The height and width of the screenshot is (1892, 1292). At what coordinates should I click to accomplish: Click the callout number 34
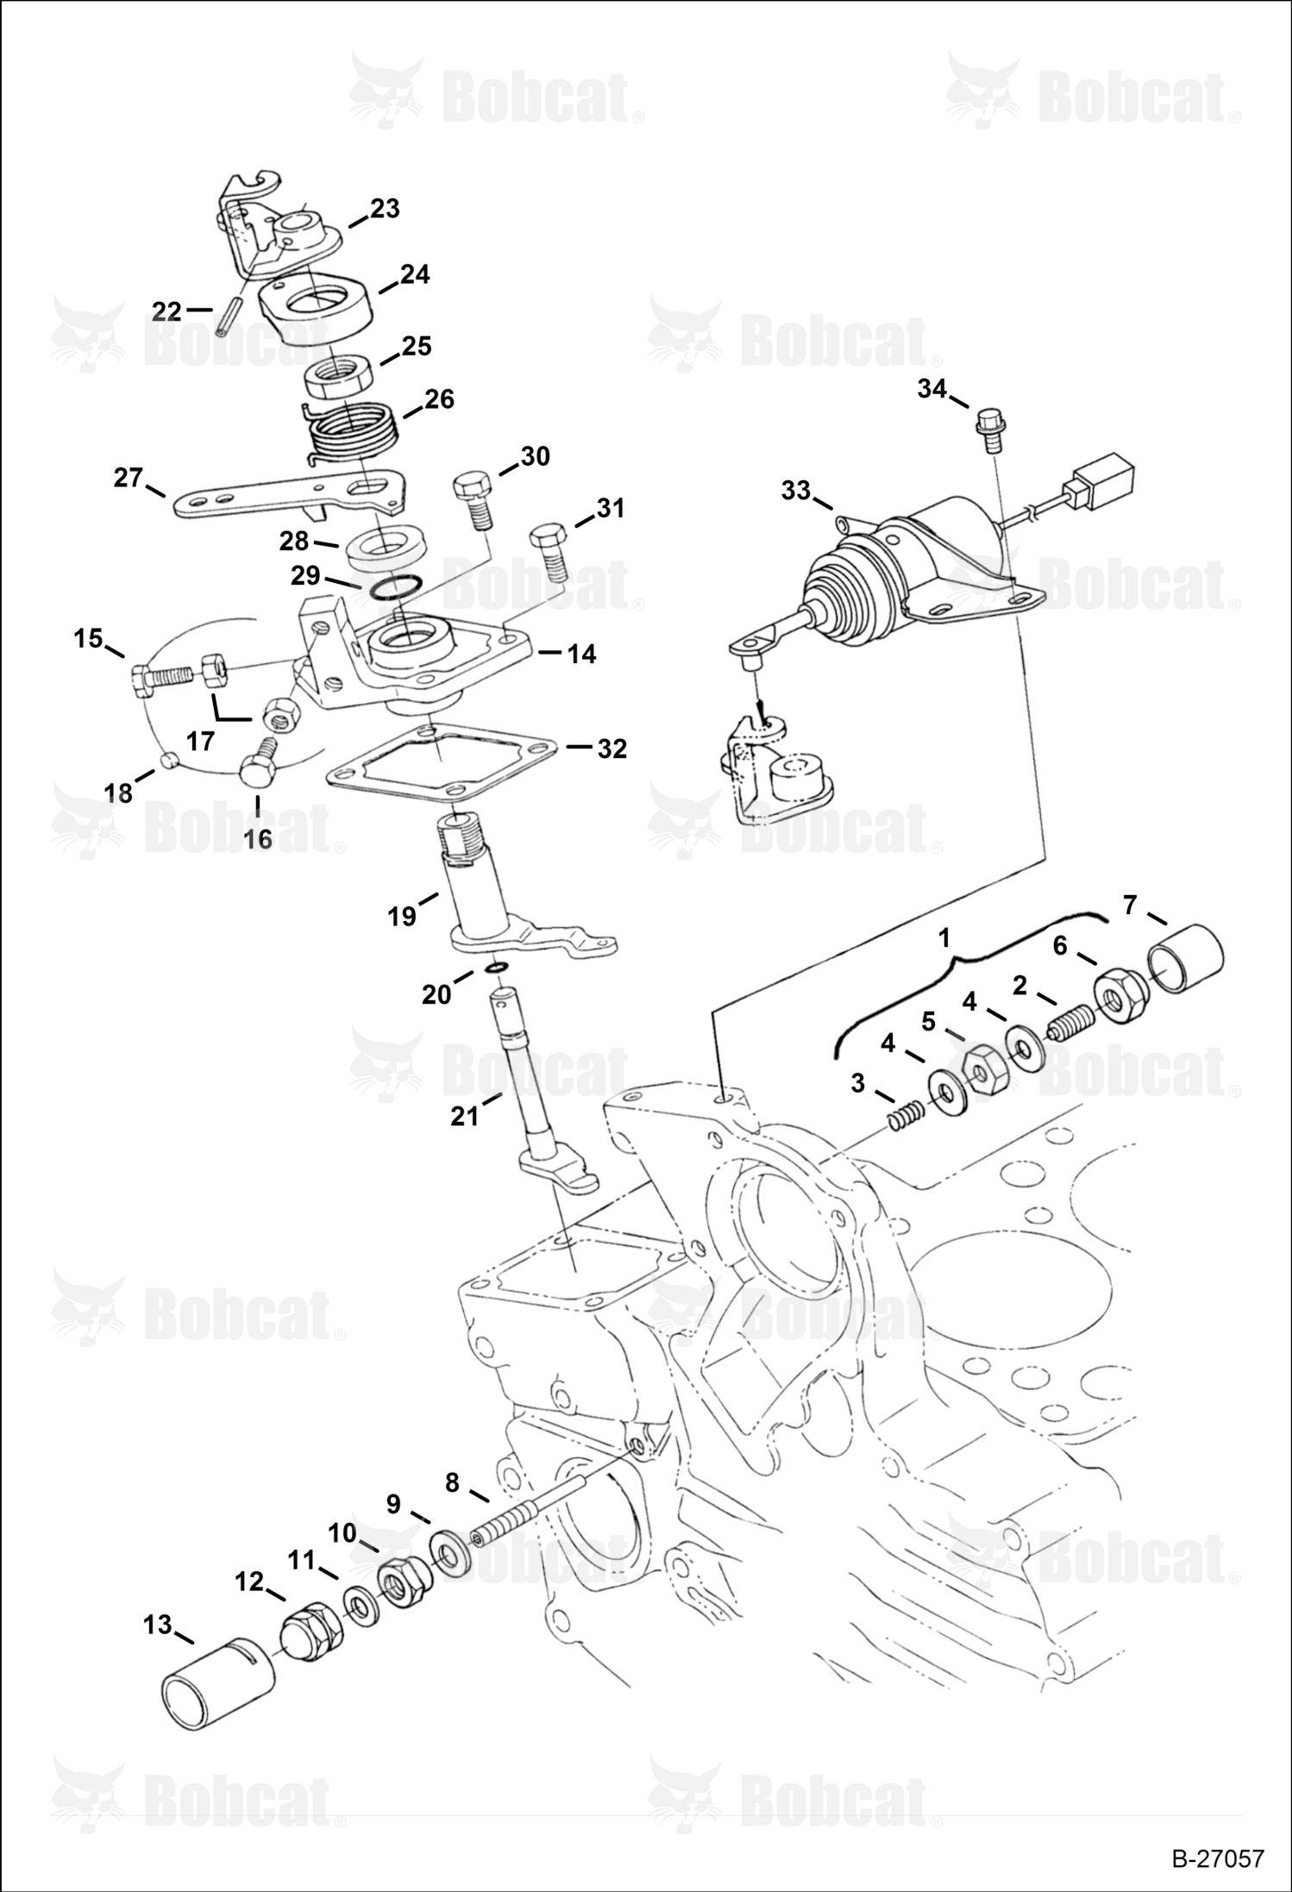click(932, 389)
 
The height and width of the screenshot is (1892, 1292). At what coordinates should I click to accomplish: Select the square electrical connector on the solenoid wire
click(1101, 479)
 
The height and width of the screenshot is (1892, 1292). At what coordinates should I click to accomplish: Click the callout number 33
click(796, 490)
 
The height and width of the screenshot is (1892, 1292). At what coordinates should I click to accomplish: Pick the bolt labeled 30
click(473, 498)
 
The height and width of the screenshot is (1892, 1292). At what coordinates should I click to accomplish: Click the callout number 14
click(581, 655)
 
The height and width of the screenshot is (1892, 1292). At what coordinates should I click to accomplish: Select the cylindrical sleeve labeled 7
click(1186, 960)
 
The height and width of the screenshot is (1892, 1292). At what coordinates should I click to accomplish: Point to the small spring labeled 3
click(906, 1120)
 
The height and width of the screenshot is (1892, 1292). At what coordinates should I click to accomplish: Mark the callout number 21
click(464, 1116)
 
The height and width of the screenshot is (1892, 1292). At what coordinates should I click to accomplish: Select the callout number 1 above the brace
click(944, 937)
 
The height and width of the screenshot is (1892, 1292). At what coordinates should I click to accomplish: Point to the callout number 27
click(129, 478)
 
